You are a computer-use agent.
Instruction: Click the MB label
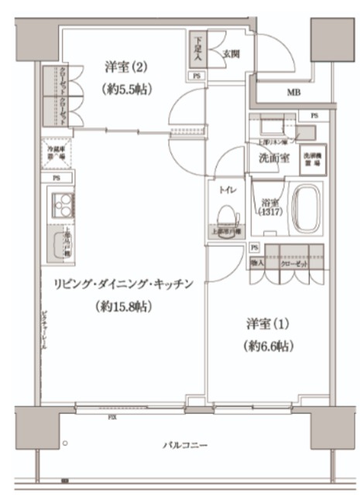pos(293,94)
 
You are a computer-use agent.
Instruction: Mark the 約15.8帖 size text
pos(124,306)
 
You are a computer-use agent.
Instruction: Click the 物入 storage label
pos(259,264)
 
